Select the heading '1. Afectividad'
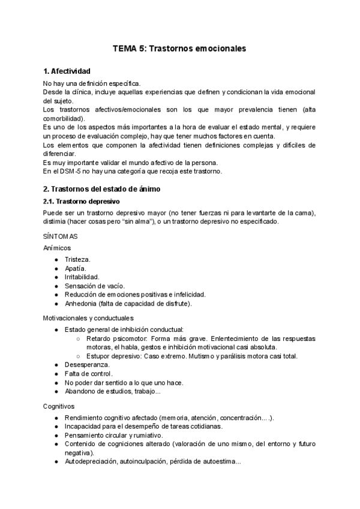pos(67,71)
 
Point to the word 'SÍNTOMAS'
pos(60,237)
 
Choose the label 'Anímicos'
pos(57,247)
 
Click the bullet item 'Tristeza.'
pos(78,259)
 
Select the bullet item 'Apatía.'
pos(76,268)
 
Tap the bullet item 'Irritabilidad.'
pos(82,277)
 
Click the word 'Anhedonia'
pos(82,304)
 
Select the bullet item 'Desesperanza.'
pos(87,365)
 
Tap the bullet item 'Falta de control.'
pos(88,374)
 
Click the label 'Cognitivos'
pos(59,406)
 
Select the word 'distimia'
pos(55,222)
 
